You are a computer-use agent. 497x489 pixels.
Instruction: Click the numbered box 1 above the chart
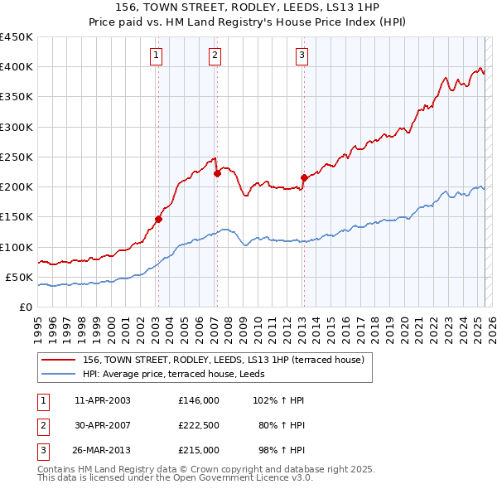coord(157,56)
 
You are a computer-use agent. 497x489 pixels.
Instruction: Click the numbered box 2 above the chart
coord(215,56)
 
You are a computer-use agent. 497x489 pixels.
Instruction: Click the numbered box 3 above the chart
coord(302,56)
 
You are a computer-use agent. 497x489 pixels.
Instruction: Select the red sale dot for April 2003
coord(158,220)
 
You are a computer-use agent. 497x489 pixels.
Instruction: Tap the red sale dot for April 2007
coord(217,173)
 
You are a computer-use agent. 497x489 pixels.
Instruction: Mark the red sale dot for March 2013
coord(304,177)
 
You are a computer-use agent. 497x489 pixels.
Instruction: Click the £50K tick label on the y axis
coord(19,277)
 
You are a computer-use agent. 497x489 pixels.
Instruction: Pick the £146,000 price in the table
coord(199,400)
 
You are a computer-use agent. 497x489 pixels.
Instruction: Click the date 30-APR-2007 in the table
coord(102,425)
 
